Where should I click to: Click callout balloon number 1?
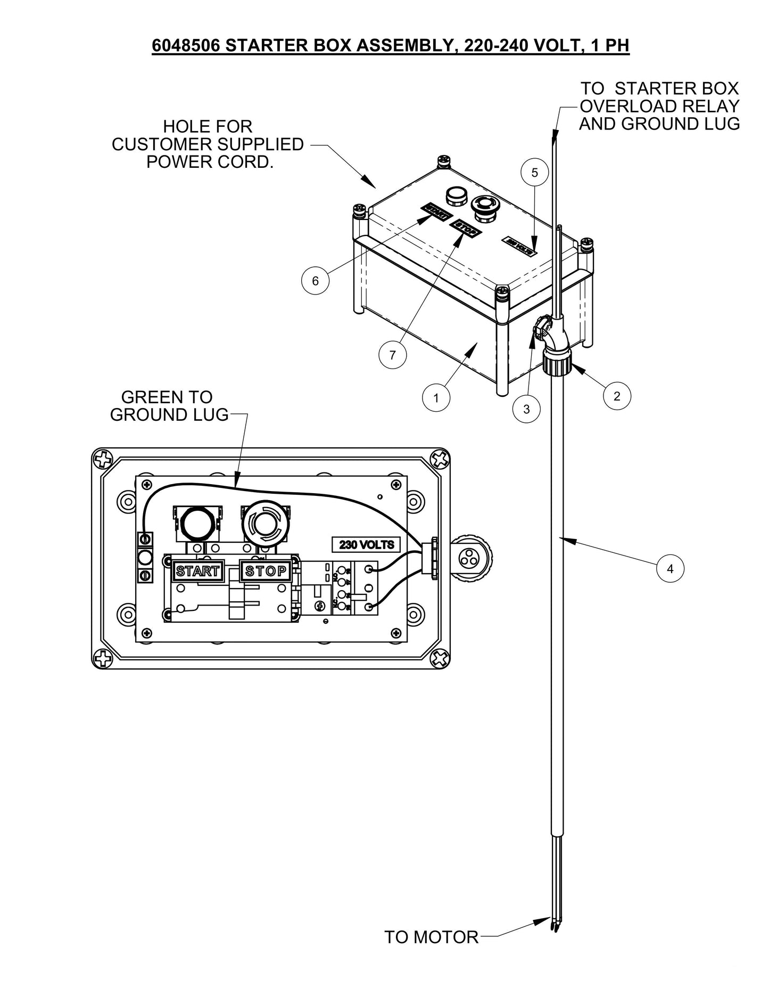pyautogui.click(x=436, y=397)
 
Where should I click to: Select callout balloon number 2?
pyautogui.click(x=617, y=396)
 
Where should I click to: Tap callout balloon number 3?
pyautogui.click(x=526, y=409)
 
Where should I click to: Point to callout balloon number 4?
pyautogui.click(x=670, y=568)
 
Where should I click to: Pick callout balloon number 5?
pyautogui.click(x=534, y=173)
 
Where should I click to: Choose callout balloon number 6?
pyautogui.click(x=315, y=280)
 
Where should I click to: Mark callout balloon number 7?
pyautogui.click(x=393, y=355)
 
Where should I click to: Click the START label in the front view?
pyautogui.click(x=197, y=571)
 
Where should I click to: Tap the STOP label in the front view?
pyautogui.click(x=266, y=571)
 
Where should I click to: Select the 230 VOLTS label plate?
pyautogui.click(x=367, y=545)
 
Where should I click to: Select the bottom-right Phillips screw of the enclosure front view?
pyautogui.click(x=440, y=658)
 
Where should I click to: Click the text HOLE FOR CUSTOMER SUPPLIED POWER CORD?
pyautogui.click(x=208, y=144)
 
